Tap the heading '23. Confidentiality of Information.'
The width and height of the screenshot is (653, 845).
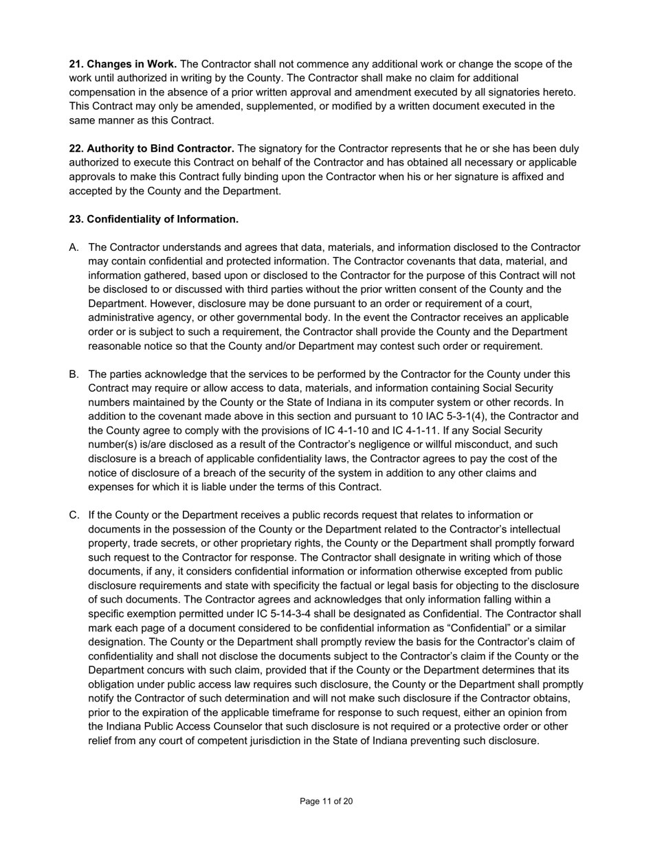pyautogui.click(x=153, y=219)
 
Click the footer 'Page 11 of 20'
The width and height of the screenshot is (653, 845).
pyautogui.click(x=326, y=801)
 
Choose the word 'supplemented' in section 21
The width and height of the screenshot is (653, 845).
pyautogui.click(x=255, y=106)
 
